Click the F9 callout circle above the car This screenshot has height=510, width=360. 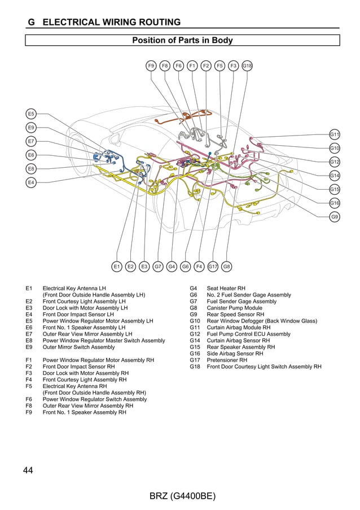(151, 66)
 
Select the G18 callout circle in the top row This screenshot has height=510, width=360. (247, 66)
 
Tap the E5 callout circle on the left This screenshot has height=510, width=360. (32, 114)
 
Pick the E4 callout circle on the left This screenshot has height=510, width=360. (32, 182)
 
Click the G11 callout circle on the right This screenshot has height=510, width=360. (335, 134)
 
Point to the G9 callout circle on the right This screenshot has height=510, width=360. (335, 217)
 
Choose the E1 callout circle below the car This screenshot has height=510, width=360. (117, 266)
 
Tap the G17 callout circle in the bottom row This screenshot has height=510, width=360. (213, 266)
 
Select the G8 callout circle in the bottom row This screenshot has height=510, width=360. (226, 266)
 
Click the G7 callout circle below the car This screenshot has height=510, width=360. (158, 266)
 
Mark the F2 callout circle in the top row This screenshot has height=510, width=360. (206, 66)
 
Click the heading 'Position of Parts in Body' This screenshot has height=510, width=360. (182, 41)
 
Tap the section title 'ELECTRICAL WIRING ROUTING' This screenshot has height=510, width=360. (112, 23)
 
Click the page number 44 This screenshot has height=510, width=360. (29, 470)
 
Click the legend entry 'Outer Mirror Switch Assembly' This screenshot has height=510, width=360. (78, 347)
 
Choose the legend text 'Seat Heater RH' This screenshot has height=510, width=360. (226, 288)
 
